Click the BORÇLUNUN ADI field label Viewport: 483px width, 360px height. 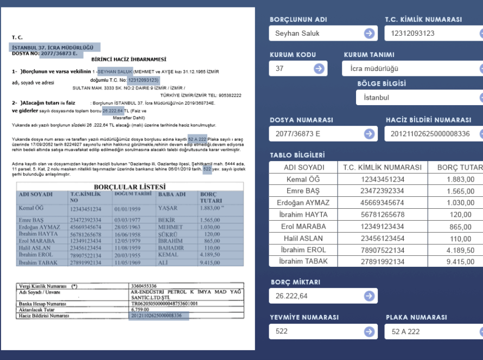click(298, 20)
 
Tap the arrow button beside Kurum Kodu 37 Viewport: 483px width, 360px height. click(319, 69)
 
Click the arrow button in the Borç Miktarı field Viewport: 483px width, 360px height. click(369, 296)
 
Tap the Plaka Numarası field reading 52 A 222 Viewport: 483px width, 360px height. click(429, 331)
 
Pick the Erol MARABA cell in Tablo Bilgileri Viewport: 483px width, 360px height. click(303, 227)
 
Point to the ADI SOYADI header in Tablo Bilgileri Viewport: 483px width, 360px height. click(304, 168)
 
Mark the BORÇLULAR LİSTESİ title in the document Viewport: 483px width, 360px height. click(130, 187)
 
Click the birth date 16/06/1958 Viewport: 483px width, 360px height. click(128, 234)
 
